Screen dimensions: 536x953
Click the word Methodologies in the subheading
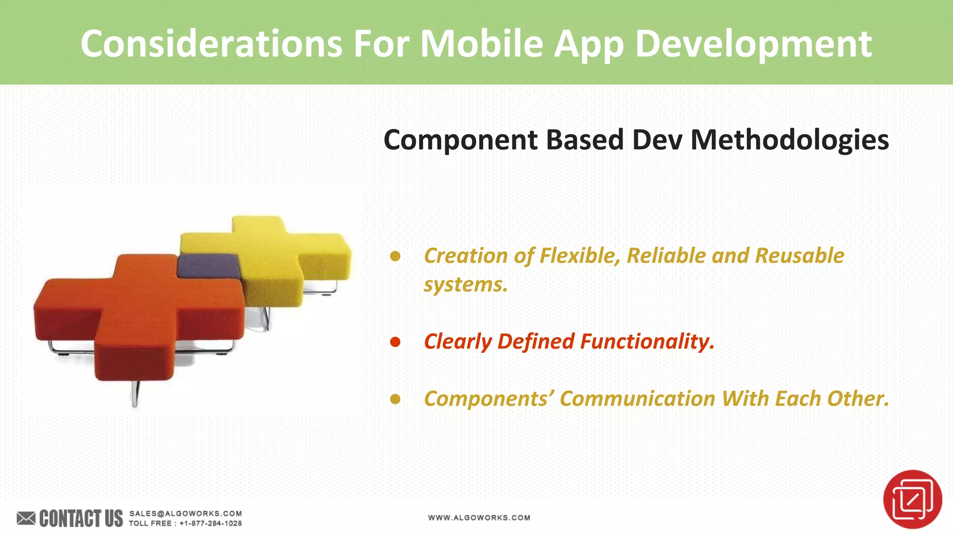pyautogui.click(x=789, y=140)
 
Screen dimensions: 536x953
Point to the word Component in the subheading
pyautogui.click(x=461, y=140)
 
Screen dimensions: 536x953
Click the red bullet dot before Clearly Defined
pyautogui.click(x=395, y=342)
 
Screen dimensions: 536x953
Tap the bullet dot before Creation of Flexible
pyautogui.click(x=395, y=256)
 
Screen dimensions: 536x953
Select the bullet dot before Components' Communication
pyautogui.click(x=395, y=399)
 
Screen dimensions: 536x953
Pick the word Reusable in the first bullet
pyautogui.click(x=799, y=255)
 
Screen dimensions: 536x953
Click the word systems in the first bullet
pyautogui.click(x=465, y=284)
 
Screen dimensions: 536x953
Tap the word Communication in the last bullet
pyautogui.click(x=638, y=399)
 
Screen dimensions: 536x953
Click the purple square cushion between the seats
pyautogui.click(x=208, y=265)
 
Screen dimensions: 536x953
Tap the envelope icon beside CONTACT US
pyautogui.click(x=26, y=518)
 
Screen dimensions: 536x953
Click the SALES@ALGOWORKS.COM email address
pyautogui.click(x=185, y=513)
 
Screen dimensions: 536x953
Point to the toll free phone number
pyautogui.click(x=210, y=523)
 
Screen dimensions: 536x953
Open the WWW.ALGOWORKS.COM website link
pyautogui.click(x=479, y=517)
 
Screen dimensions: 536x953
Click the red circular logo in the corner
pyautogui.click(x=912, y=499)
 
